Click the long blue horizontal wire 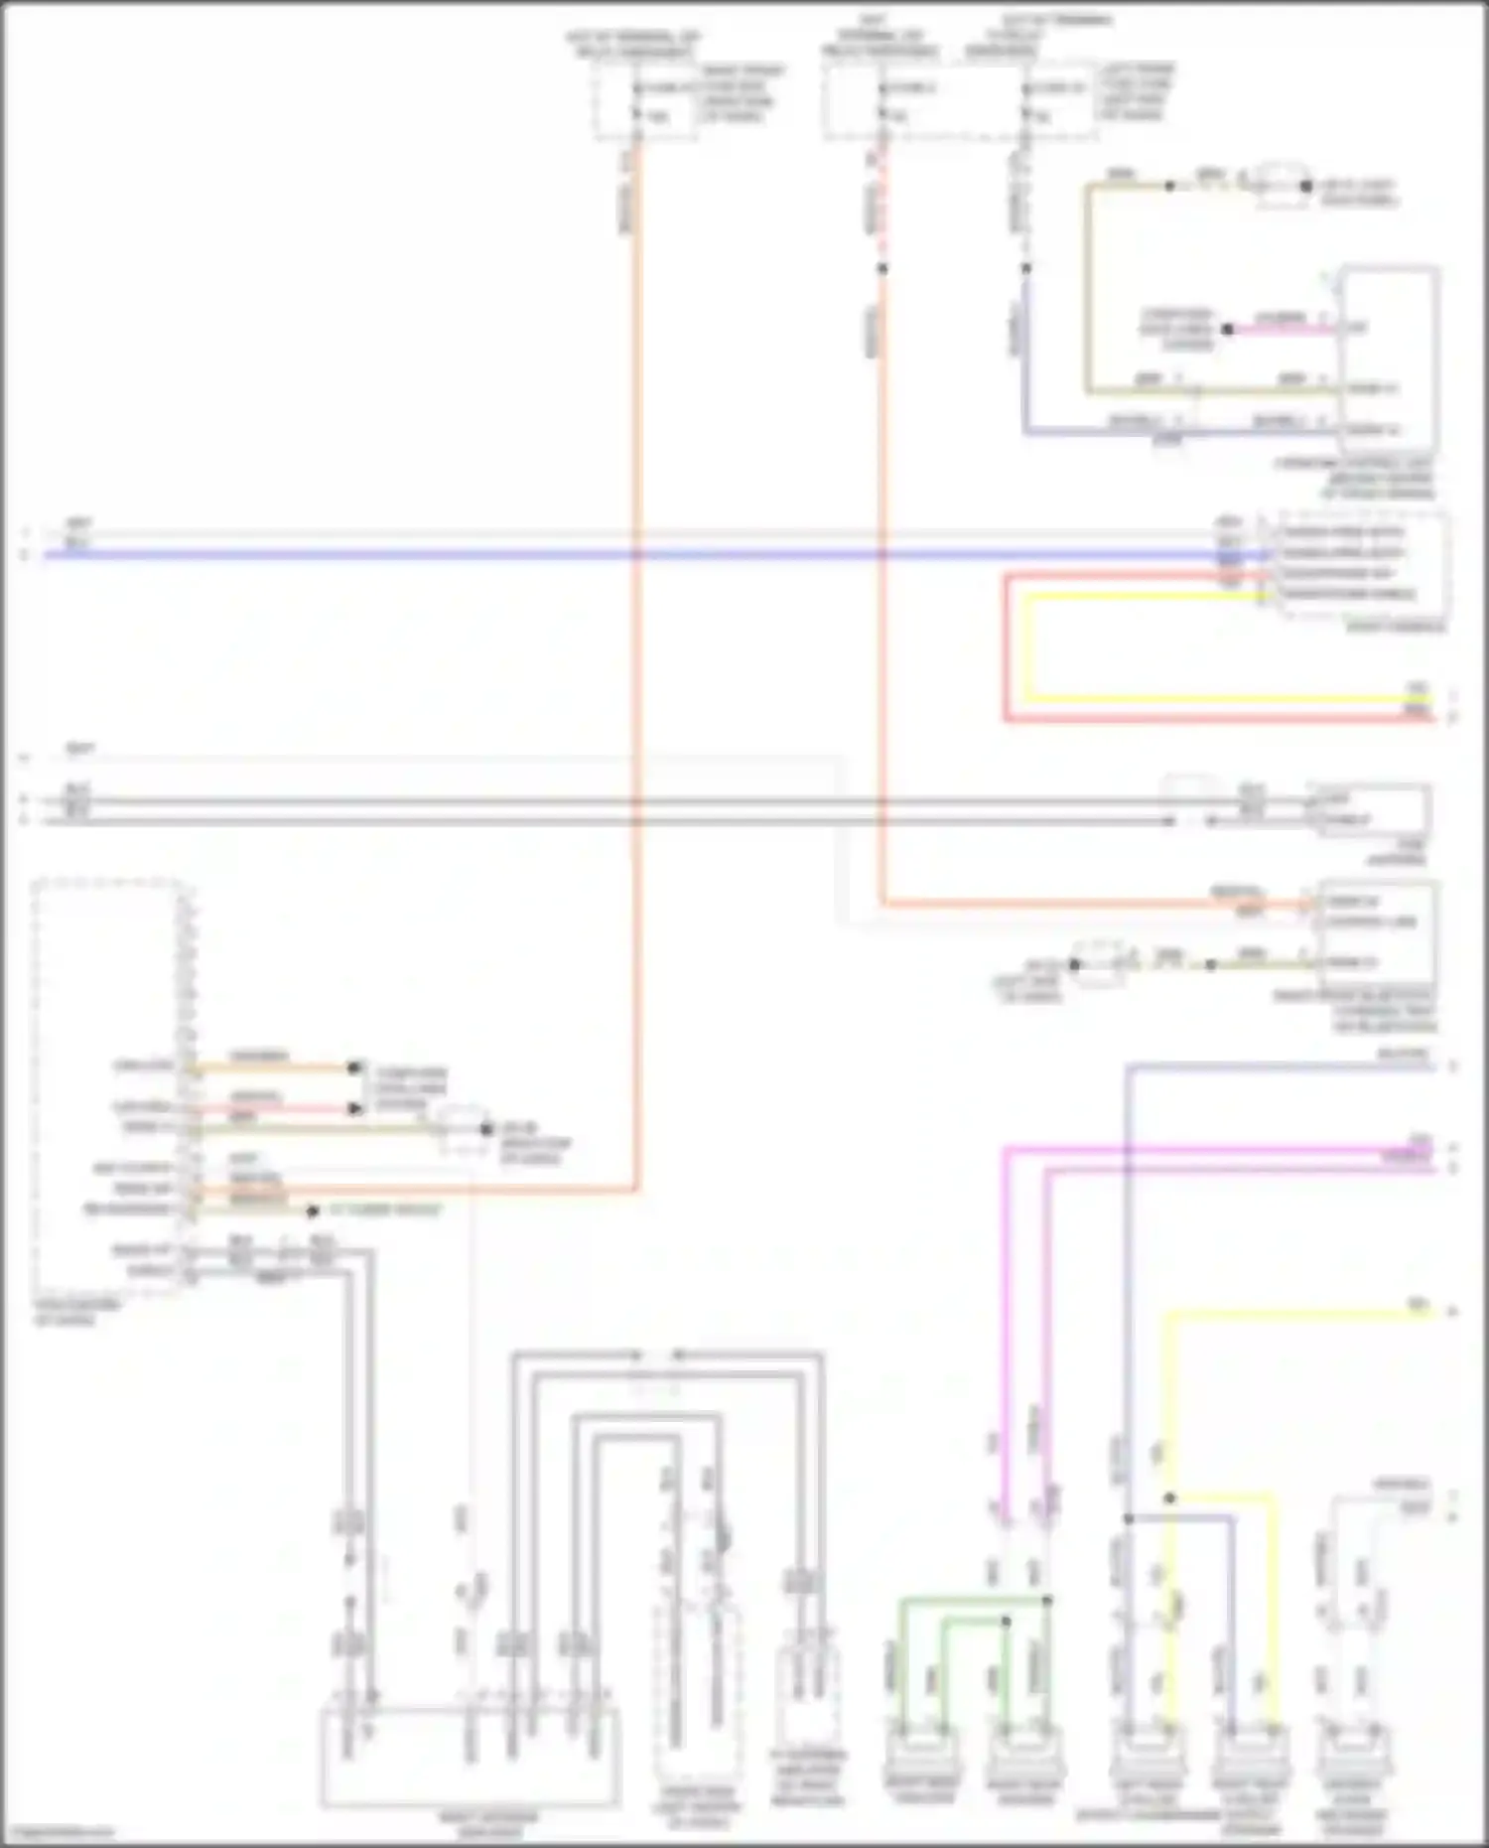tap(596, 554)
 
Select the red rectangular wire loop tap(1006, 645)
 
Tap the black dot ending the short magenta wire tap(1227, 329)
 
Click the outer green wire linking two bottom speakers tap(973, 1600)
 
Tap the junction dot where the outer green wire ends tap(1046, 1600)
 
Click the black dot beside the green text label tap(312, 1211)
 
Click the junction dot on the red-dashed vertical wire tap(881, 268)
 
